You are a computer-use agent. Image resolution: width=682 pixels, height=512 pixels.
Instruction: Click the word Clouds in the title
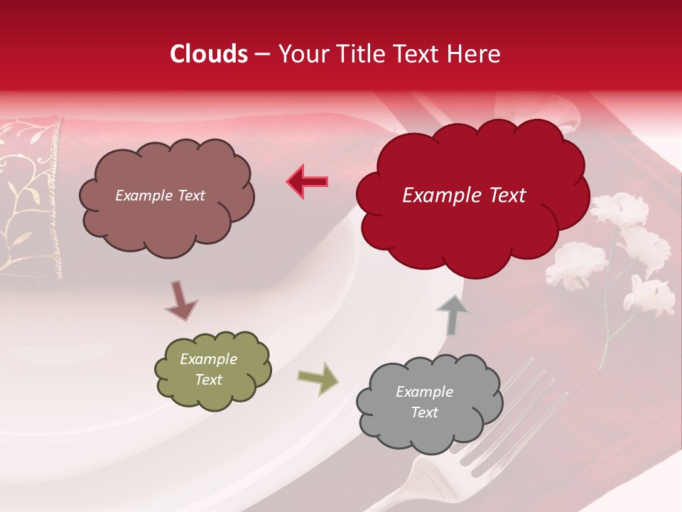coord(208,54)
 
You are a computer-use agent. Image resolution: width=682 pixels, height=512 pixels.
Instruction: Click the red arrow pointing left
coord(307,181)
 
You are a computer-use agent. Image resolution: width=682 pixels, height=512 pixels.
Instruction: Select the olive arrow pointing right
coord(318,378)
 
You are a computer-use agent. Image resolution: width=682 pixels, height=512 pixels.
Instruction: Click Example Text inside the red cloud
coord(464,196)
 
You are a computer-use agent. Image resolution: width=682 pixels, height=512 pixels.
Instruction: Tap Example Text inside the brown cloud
coord(160,196)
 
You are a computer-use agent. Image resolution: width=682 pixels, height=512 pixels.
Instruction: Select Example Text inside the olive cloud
coord(208,370)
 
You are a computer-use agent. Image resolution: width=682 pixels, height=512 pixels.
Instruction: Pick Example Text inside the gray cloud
coord(424,402)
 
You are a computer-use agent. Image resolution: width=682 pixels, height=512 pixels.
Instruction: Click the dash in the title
coord(261,54)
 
